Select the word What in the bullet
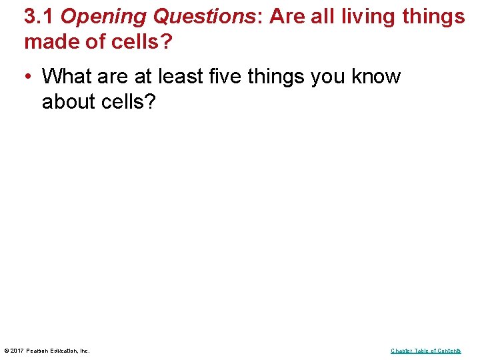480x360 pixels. coord(67,77)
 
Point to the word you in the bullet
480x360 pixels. coord(326,77)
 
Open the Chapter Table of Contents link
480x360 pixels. coord(425,351)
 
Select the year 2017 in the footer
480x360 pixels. coord(18,351)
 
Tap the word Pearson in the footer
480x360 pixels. coord(39,351)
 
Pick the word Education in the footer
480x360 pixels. coord(65,351)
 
